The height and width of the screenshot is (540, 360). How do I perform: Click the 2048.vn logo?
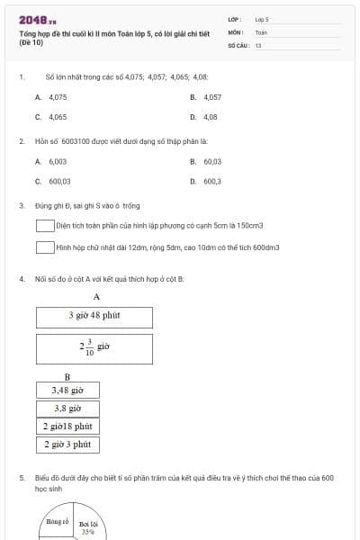tap(37, 20)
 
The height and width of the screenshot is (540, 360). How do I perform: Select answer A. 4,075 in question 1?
tap(51, 96)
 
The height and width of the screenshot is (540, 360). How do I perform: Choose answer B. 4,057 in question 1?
tap(206, 96)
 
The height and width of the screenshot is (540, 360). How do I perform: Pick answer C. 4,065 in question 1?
tap(51, 117)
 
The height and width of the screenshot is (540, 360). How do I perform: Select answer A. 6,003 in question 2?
tap(51, 161)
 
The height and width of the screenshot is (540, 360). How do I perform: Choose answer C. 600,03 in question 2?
tap(53, 181)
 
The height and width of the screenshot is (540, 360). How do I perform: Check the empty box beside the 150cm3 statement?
tap(45, 226)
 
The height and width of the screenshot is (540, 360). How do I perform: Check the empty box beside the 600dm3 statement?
tap(45, 247)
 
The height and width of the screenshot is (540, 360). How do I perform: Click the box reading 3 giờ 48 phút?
tap(94, 317)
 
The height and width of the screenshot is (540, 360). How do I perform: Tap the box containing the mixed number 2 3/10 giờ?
tap(94, 347)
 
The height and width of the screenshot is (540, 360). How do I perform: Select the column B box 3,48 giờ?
tap(67, 391)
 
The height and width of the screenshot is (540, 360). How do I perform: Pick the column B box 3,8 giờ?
tap(67, 408)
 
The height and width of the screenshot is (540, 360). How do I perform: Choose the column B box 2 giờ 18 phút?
tap(67, 426)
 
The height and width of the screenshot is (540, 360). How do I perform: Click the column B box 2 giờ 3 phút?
tap(67, 444)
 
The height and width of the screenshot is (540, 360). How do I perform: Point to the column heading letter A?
tap(96, 296)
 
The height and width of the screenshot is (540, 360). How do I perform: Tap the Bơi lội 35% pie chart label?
tap(87, 527)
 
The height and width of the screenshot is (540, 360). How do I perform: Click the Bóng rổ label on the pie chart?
tap(58, 521)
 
